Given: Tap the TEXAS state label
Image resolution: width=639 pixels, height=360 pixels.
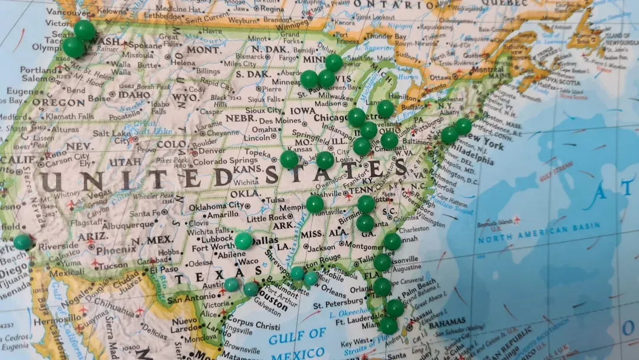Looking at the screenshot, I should (210, 275).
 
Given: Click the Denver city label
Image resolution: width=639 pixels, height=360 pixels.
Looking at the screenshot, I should (214, 150).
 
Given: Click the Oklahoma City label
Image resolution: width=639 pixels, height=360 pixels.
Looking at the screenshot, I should (217, 205).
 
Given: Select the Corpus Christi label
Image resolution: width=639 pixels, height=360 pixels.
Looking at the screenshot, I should (252, 325).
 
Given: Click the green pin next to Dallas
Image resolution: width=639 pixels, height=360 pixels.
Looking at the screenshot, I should (244, 240).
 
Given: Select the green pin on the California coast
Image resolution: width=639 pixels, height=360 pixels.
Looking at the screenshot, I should (22, 242).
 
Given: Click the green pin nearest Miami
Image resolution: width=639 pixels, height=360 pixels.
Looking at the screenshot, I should (389, 325).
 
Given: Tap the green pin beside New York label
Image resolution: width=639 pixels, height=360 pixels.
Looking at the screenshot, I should (463, 126).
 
